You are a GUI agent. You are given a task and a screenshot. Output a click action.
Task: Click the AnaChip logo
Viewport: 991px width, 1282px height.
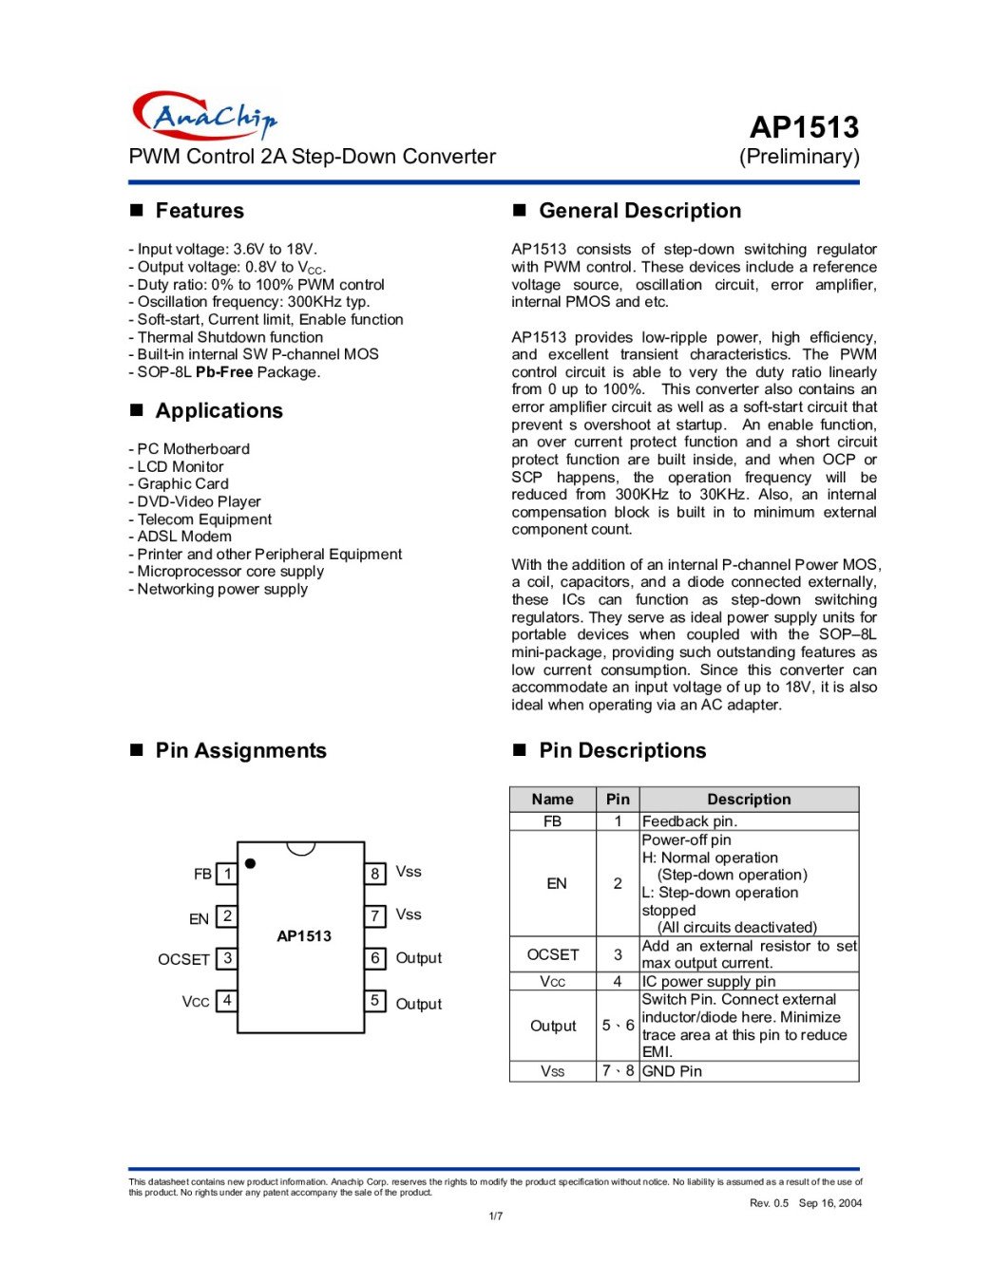204,116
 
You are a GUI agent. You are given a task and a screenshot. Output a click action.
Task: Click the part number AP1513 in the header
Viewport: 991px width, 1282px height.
803,127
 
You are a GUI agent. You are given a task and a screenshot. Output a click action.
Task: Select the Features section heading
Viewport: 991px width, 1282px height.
199,211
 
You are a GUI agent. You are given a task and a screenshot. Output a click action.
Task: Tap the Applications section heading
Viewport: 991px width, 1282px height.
219,410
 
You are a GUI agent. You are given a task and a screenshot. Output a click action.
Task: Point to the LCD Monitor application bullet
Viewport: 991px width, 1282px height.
181,466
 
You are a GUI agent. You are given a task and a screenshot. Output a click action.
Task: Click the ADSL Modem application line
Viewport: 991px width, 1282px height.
184,537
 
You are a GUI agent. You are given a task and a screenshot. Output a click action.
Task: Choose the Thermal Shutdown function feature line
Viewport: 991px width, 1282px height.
230,337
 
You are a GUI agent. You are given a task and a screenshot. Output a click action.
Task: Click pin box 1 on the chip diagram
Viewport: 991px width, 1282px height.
227,873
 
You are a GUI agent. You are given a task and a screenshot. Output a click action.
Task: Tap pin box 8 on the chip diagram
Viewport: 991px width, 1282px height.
375,873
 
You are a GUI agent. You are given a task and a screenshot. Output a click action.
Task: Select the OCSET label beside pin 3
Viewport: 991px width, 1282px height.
183,959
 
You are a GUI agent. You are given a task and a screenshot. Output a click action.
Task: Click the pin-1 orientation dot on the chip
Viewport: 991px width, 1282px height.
250,863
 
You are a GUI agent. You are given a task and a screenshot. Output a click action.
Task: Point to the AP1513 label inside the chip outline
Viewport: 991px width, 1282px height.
304,936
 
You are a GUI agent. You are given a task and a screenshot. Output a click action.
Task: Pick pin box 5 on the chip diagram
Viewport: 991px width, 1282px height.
375,1000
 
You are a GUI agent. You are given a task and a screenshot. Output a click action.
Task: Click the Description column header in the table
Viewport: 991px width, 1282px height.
749,800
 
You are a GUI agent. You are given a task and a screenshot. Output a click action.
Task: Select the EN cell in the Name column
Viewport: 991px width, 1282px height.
556,883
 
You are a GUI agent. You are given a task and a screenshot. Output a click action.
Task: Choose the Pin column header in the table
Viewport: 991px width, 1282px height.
618,800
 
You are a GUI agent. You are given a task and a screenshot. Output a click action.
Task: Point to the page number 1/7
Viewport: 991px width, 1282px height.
495,1216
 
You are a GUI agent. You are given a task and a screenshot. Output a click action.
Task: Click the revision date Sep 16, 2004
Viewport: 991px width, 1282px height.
829,1203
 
